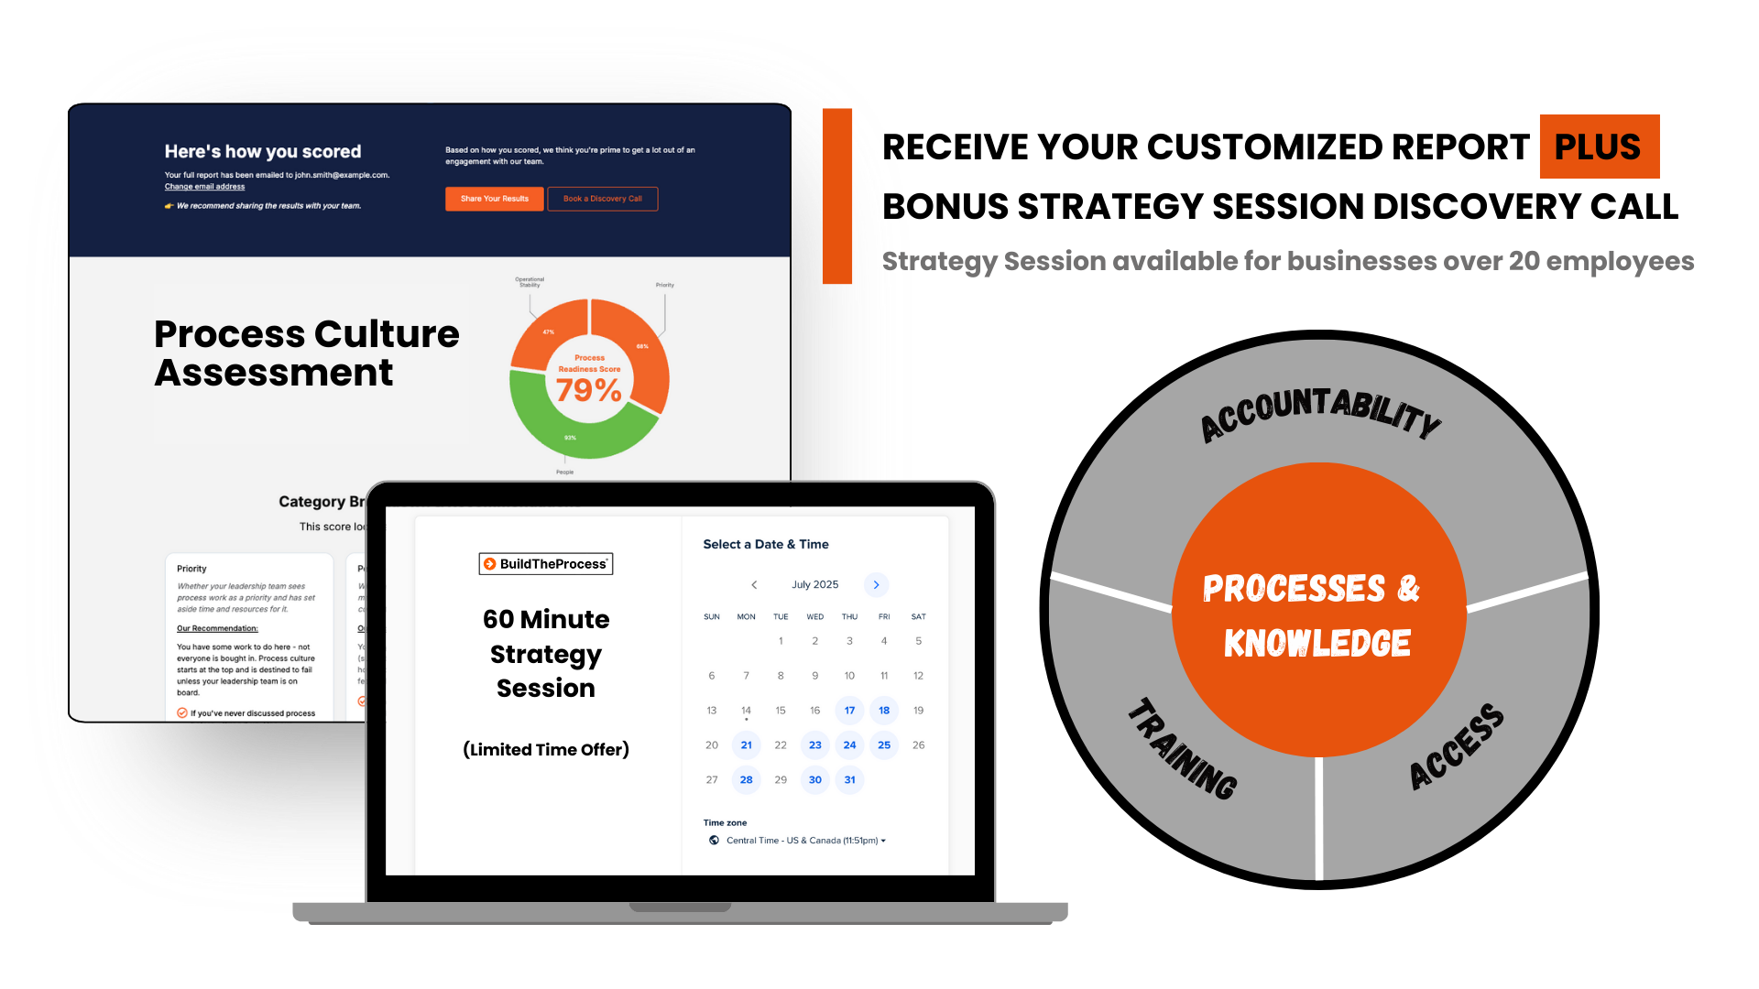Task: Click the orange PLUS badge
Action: click(x=1599, y=147)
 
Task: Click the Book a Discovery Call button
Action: click(x=602, y=199)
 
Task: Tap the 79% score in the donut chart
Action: click(x=588, y=390)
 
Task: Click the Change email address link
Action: click(x=204, y=187)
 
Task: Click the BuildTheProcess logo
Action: click(x=546, y=564)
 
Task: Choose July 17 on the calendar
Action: click(x=849, y=711)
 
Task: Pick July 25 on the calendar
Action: click(x=884, y=745)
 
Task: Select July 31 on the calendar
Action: click(x=849, y=780)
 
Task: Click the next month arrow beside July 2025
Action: click(x=876, y=585)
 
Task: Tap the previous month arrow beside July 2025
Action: click(x=754, y=585)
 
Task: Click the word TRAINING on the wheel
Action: click(x=1182, y=749)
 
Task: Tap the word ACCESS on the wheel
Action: click(x=1456, y=746)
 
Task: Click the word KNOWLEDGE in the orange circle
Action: click(x=1317, y=644)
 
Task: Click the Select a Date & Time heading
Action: click(x=766, y=545)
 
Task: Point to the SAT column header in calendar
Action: click(x=918, y=617)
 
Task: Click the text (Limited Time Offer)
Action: click(x=546, y=750)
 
